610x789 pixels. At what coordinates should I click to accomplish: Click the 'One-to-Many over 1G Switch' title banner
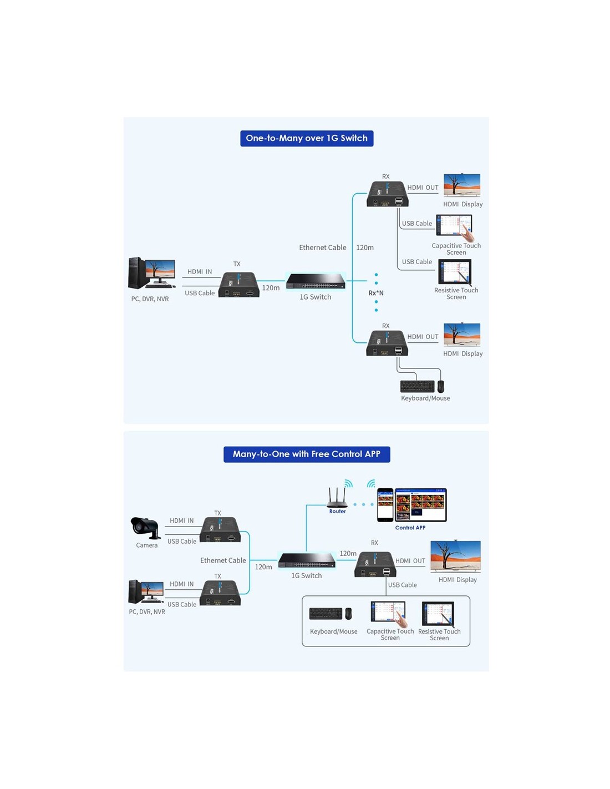pyautogui.click(x=307, y=138)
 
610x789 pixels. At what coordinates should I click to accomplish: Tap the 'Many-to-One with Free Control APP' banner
pyautogui.click(x=307, y=454)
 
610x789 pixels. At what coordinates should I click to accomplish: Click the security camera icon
pyautogui.click(x=145, y=528)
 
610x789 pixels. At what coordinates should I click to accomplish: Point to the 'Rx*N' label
pyautogui.click(x=376, y=293)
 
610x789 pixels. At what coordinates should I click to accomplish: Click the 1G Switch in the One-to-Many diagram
pyautogui.click(x=316, y=281)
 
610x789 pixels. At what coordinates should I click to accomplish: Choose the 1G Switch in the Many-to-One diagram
pyautogui.click(x=307, y=560)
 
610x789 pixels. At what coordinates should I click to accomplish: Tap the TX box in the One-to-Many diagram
pyautogui.click(x=238, y=285)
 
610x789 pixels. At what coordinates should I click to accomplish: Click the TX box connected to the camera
pyautogui.click(x=220, y=530)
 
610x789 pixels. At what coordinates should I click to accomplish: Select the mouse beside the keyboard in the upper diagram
pyautogui.click(x=440, y=386)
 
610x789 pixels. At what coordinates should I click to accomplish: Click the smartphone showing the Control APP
pyautogui.click(x=385, y=505)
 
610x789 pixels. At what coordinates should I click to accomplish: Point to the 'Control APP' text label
pyautogui.click(x=410, y=528)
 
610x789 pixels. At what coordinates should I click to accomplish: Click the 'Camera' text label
pyautogui.click(x=146, y=545)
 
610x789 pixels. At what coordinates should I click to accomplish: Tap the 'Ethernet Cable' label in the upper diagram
pyautogui.click(x=323, y=247)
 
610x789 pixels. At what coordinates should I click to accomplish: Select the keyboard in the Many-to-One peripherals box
pyautogui.click(x=326, y=614)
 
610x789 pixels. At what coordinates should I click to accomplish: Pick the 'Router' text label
pyautogui.click(x=338, y=511)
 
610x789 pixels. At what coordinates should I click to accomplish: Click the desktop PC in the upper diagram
pyautogui.click(x=152, y=273)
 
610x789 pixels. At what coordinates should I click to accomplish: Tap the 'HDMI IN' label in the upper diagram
pyautogui.click(x=200, y=271)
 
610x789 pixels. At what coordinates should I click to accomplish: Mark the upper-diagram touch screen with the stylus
pyautogui.click(x=455, y=271)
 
